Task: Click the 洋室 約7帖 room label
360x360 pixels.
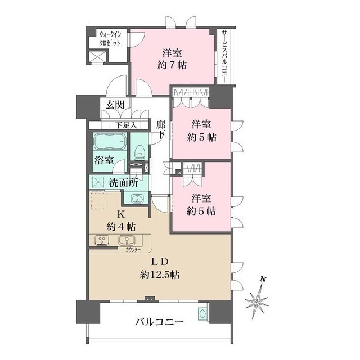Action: [x=172, y=59]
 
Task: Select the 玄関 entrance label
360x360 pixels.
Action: [x=111, y=105]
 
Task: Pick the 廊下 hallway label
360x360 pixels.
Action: [x=161, y=130]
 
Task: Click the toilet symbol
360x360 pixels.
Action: [x=139, y=151]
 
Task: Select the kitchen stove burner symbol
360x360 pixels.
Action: [x=103, y=240]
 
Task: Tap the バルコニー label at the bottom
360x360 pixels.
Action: [x=159, y=323]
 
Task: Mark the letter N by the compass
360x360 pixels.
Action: [x=262, y=279]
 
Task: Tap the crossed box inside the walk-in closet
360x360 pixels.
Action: [x=98, y=57]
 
